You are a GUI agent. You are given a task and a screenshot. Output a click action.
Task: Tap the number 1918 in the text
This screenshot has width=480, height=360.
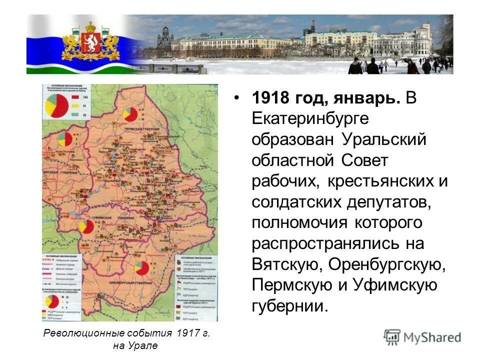pos(272,98)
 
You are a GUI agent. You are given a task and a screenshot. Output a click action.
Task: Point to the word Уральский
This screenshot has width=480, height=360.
pos(384,140)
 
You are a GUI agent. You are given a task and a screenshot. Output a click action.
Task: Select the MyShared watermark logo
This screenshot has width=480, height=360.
pos(422,336)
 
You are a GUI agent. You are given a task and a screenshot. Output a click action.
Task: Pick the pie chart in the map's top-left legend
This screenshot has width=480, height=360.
pos(57,105)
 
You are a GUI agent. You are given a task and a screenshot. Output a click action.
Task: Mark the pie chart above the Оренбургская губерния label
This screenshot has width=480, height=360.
pos(141,268)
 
